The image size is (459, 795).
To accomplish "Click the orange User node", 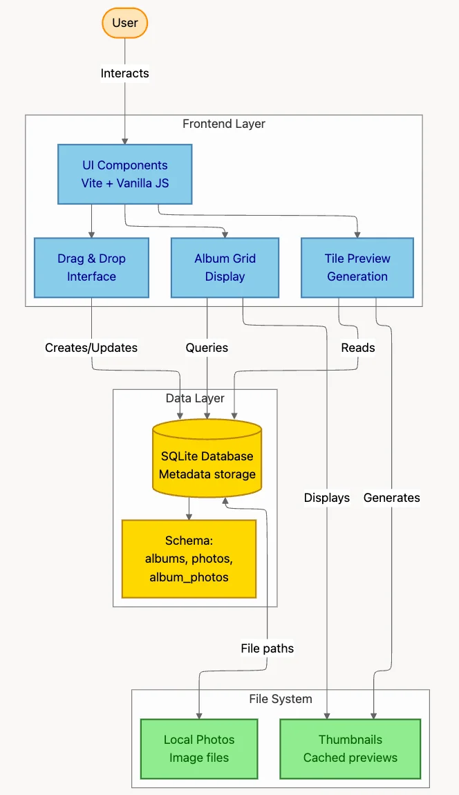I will point(125,23).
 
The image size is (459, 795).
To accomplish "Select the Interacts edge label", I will point(124,73).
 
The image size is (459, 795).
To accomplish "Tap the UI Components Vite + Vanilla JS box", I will point(124,174).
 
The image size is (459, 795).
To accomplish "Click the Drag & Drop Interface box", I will point(91,268).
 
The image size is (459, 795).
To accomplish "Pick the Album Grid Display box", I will point(225,268).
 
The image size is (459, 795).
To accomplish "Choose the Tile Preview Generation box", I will point(357,268).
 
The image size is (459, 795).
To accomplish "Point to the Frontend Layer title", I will point(223,124).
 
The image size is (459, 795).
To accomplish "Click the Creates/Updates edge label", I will point(91,348).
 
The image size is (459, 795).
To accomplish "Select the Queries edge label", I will point(207,348).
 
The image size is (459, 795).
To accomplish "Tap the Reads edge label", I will point(358,348).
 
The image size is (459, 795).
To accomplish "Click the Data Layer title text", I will point(195,398).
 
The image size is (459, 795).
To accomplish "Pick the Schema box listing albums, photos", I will point(189,559).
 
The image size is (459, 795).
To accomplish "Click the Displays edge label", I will point(327,498).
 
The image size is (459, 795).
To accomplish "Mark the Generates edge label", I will point(391,498).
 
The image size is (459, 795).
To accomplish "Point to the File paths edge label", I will point(267,648).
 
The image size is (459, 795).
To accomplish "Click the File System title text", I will point(280,699).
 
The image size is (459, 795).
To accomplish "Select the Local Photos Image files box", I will point(199,749).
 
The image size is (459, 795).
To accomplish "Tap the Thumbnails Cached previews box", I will point(350,749).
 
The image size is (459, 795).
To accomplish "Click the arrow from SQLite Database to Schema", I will point(189,509).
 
